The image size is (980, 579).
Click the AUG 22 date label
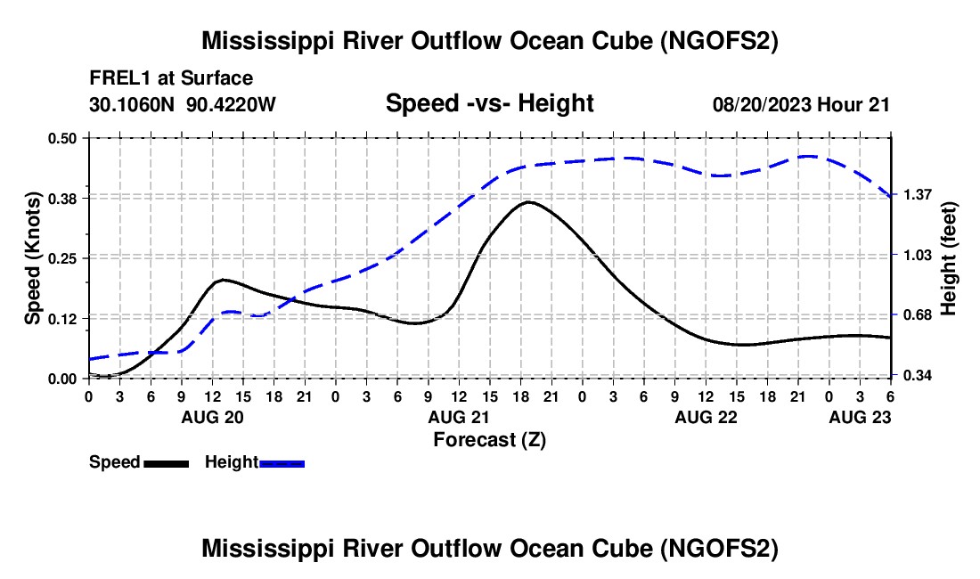706,417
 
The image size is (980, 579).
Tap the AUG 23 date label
860,417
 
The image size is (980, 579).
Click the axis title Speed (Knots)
32,257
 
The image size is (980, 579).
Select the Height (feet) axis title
949,257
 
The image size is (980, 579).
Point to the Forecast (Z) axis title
489,439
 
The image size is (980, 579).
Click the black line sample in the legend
166,462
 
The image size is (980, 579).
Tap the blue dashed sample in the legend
282,462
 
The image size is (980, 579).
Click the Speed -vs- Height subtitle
489,104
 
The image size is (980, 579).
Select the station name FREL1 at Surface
171,78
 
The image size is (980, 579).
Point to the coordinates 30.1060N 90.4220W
183,104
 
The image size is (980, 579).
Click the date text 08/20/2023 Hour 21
801,104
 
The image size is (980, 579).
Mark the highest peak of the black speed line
528,202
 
